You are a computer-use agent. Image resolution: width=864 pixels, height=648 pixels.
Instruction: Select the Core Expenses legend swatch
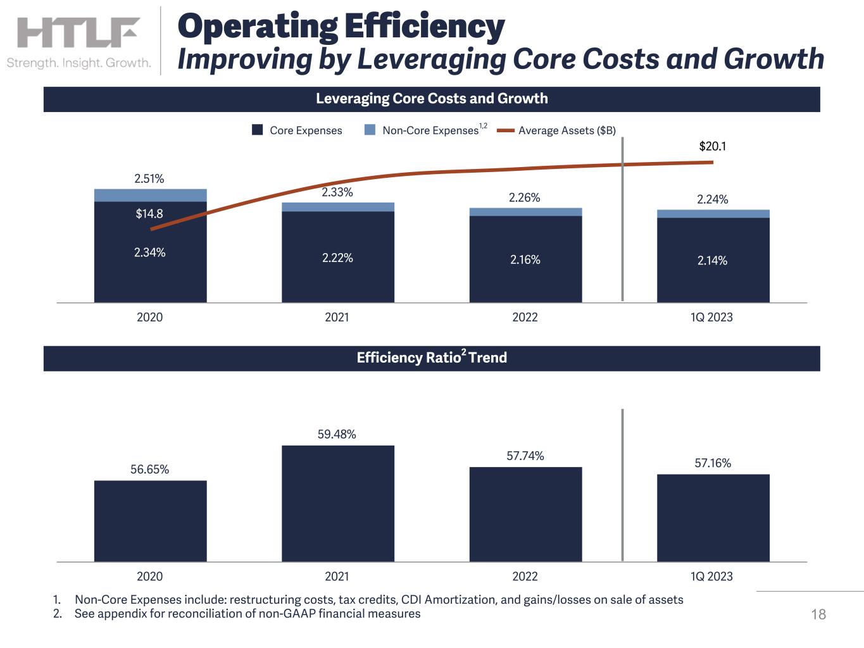point(258,130)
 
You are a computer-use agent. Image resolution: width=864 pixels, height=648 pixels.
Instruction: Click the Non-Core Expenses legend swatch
point(370,130)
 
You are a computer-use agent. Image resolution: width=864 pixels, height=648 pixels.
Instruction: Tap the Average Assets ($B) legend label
point(567,130)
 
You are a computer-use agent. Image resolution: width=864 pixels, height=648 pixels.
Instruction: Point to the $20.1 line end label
point(712,146)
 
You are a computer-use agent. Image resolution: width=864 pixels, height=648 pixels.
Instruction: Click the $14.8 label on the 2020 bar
point(149,214)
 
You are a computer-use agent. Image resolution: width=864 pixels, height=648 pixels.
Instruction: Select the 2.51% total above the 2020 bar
point(149,179)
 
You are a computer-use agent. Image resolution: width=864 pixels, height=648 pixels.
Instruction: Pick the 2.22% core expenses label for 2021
point(337,258)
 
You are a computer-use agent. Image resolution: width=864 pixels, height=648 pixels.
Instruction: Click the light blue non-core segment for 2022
point(525,212)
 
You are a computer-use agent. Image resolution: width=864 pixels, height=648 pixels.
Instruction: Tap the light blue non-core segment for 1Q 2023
point(713,214)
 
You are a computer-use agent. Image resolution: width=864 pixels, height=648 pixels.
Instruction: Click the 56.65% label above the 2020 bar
point(149,470)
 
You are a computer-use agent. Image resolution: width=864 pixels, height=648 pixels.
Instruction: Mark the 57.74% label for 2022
point(525,456)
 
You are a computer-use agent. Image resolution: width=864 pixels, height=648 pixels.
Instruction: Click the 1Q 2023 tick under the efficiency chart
point(711,576)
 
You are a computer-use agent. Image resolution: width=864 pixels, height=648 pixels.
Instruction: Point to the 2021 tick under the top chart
point(337,317)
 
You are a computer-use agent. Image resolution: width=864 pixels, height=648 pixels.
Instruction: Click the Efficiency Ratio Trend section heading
point(432,358)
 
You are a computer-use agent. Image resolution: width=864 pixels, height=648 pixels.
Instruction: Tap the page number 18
point(818,614)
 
